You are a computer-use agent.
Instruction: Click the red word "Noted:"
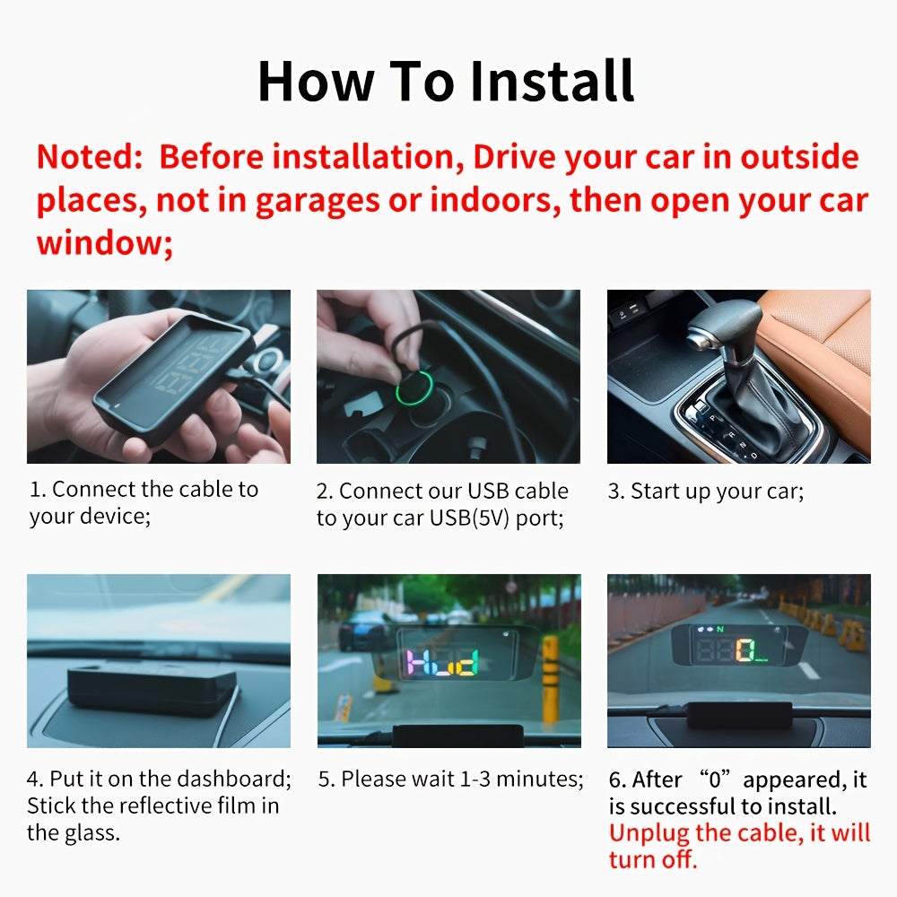pos(89,157)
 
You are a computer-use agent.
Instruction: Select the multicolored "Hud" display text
pos(444,664)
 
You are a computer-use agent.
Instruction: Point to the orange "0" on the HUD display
pos(744,649)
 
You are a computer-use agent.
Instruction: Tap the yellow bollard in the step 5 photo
pos(550,678)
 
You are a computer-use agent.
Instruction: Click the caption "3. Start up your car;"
pos(706,492)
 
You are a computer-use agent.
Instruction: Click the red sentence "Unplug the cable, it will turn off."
pos(739,845)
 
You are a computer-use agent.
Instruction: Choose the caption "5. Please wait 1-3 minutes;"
pos(450,779)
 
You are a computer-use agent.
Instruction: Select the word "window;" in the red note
pos(104,243)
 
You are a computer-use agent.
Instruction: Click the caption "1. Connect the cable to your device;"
pos(144,503)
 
